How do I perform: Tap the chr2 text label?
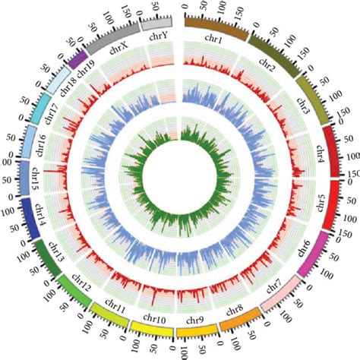(x=266, y=64)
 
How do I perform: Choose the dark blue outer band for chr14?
(x=28, y=218)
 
